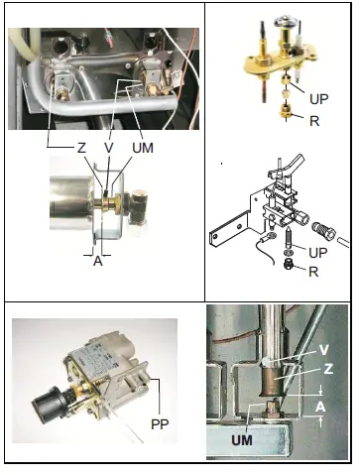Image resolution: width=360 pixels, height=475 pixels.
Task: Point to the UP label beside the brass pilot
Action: [318, 101]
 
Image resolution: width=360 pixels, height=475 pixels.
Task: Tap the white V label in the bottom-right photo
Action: [323, 350]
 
